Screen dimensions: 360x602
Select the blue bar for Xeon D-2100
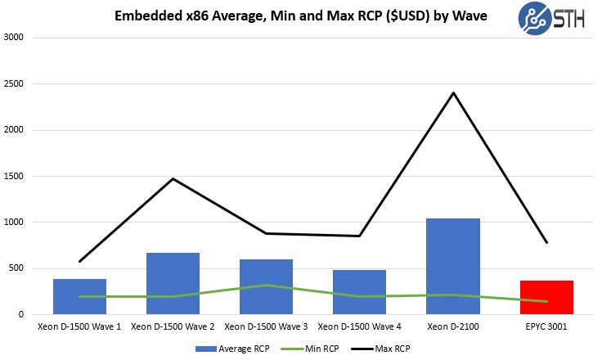(453, 266)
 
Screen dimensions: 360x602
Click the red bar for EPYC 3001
(546, 297)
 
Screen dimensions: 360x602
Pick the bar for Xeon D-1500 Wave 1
(79, 296)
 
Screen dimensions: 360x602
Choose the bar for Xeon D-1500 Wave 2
(173, 283)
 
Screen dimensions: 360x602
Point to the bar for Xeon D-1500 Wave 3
(266, 286)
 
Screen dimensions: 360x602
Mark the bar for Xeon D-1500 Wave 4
(359, 292)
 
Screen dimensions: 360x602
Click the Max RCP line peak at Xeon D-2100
(453, 92)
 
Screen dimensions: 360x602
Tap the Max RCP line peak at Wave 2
(173, 178)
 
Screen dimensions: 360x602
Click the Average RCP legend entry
(233, 348)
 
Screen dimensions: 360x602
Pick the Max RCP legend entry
(384, 348)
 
